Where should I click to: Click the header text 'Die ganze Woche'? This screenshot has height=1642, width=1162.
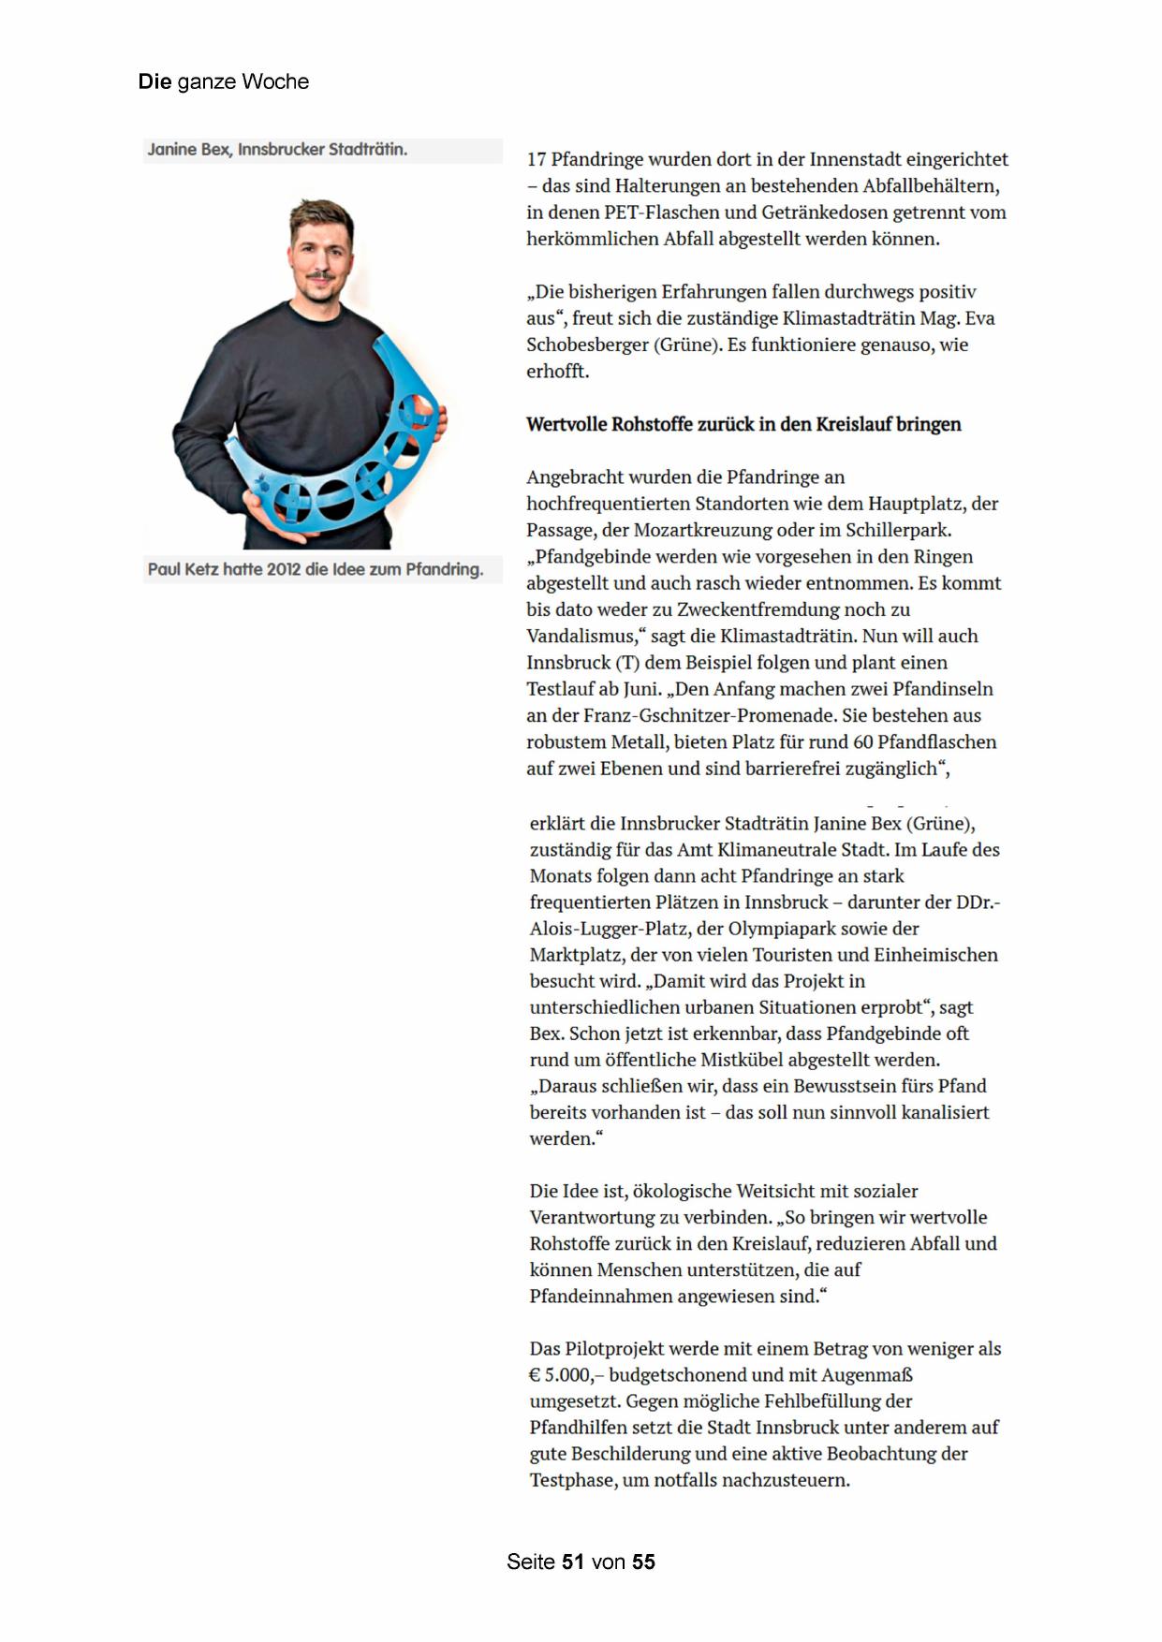pyautogui.click(x=223, y=82)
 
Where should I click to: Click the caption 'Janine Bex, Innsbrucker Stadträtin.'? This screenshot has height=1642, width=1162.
pyautogui.click(x=277, y=150)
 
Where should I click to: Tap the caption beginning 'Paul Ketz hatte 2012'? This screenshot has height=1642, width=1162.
pyautogui.click(x=316, y=569)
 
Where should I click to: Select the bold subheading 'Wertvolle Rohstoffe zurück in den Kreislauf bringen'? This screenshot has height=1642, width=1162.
pyautogui.click(x=743, y=424)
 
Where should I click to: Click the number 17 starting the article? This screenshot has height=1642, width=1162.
pyautogui.click(x=537, y=160)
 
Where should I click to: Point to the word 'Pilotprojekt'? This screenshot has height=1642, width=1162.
pyautogui.click(x=619, y=1349)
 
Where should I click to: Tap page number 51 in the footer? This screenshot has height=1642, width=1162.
pyautogui.click(x=573, y=1561)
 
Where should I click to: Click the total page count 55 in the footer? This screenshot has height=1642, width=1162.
pyautogui.click(x=643, y=1561)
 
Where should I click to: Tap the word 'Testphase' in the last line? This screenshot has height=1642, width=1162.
pyautogui.click(x=572, y=1480)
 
